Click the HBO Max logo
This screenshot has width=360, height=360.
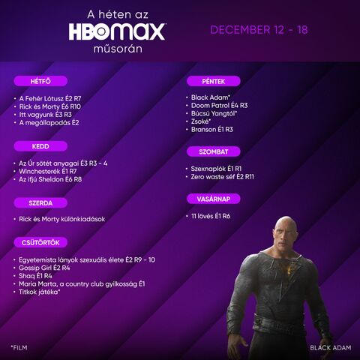tap(117, 31)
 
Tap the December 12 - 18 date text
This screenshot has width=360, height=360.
tap(259, 30)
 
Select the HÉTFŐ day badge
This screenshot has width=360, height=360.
tap(40, 81)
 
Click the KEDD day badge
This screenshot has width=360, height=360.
tap(40, 146)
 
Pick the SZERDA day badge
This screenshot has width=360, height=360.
tap(40, 202)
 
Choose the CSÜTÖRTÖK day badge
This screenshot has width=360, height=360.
tap(40, 242)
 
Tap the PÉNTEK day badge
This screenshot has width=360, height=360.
tap(214, 81)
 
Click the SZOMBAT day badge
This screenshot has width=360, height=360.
tap(214, 151)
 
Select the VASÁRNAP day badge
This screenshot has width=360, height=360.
tap(214, 199)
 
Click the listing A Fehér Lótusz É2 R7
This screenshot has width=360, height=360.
tap(50, 98)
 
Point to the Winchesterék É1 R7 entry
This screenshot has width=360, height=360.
tap(47, 172)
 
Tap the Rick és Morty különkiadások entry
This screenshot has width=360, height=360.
tap(62, 219)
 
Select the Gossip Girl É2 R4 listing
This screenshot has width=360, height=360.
tap(44, 268)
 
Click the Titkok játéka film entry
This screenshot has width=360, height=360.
tap(40, 292)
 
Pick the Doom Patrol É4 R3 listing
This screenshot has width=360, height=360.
tap(219, 106)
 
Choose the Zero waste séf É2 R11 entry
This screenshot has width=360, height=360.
tap(222, 177)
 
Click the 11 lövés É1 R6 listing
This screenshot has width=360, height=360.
tap(211, 216)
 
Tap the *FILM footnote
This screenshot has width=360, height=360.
tap(19, 347)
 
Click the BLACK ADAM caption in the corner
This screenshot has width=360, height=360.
tap(331, 348)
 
